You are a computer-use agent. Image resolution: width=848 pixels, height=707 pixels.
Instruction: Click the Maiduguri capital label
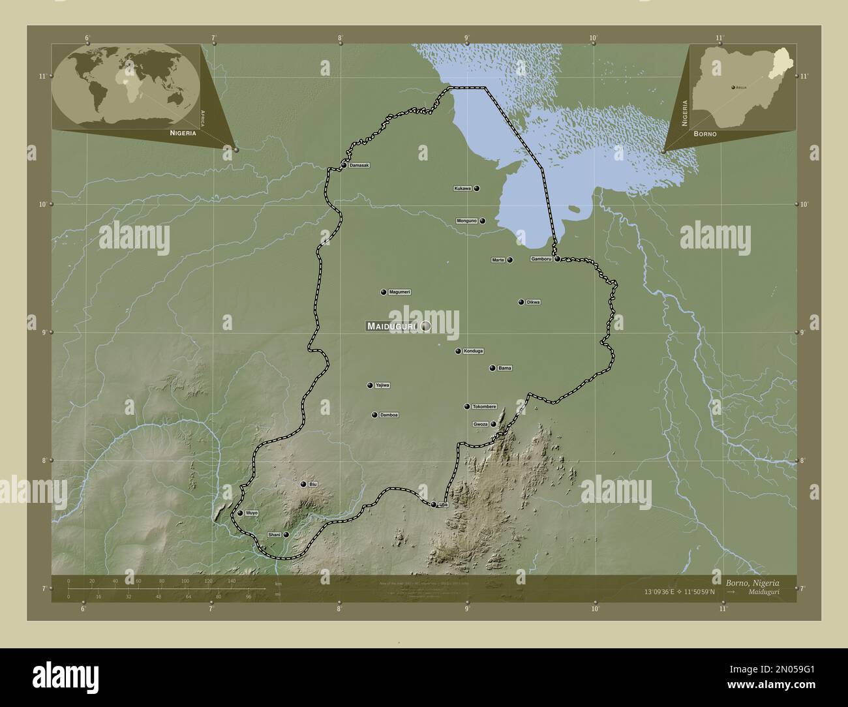pos(392,325)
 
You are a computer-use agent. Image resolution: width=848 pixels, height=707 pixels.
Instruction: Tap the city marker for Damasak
pos(344,165)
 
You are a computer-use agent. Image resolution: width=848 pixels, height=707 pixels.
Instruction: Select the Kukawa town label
pos(462,188)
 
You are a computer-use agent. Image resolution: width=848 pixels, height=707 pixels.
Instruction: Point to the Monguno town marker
pos(483,221)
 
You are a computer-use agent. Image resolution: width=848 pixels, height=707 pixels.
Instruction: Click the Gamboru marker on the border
pos(558,259)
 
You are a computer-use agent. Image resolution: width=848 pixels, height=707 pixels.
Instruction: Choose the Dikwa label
pos(533,302)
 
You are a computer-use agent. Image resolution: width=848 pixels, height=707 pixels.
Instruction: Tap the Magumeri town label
pos(399,292)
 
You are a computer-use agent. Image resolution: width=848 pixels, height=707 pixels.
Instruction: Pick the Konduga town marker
pos(458,352)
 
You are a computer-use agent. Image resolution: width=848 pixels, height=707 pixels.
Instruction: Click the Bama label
pos(505,368)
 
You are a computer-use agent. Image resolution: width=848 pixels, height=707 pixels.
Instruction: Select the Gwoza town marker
pos(494,425)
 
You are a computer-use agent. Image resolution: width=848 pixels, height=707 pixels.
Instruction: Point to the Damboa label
pos(389,415)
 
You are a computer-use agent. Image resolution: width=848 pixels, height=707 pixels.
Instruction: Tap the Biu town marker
pos(303,484)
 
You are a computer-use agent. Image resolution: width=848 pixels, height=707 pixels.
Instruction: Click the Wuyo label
pos(252,513)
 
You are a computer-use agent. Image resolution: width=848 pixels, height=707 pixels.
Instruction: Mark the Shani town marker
pos(286,535)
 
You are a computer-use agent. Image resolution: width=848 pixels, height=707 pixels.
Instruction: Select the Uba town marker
pos(433,504)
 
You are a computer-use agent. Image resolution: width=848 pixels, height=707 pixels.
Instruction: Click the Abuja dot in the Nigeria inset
pos(733,86)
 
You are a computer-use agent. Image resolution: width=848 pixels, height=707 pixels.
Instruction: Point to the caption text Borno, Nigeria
pos(752,582)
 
